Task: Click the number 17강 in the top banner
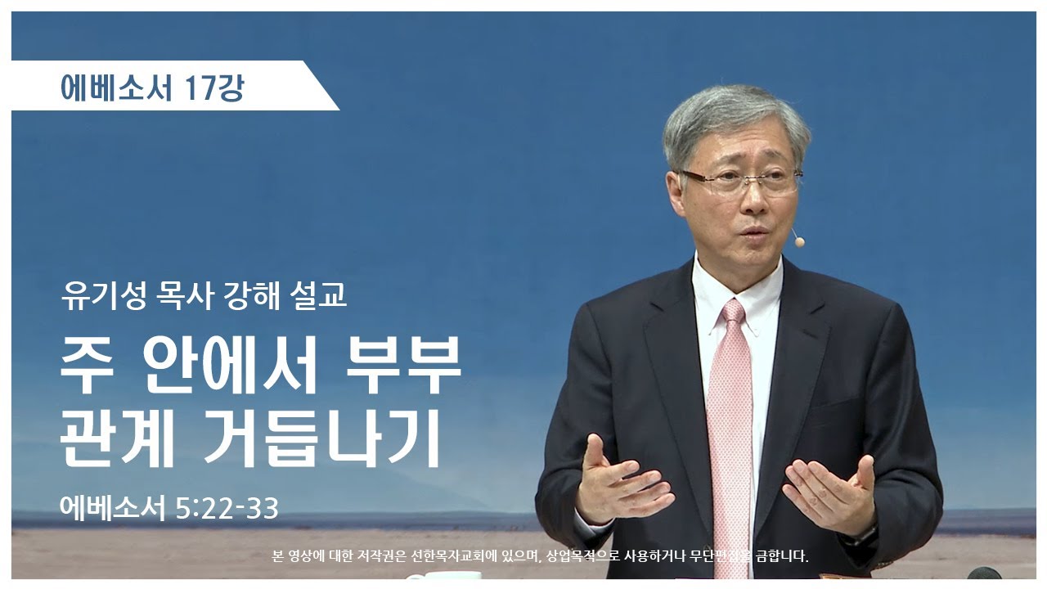pos(214,88)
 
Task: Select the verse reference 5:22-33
pos(227,508)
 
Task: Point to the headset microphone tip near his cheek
pos(798,241)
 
